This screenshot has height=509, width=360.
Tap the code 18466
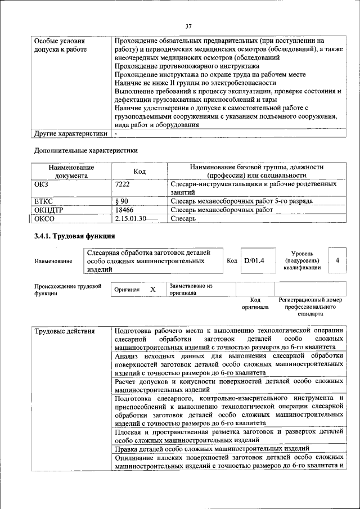point(124,210)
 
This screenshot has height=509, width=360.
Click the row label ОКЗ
point(42,184)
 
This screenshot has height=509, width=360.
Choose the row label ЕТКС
point(44,201)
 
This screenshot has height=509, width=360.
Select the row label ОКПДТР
point(49,210)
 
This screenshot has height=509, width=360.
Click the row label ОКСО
point(44,219)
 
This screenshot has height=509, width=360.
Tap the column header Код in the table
point(139,172)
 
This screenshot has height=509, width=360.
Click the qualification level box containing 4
point(337,260)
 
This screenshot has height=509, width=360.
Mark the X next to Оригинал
point(152,289)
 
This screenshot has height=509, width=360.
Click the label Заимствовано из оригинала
point(191,289)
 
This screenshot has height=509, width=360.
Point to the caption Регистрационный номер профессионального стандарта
point(310,307)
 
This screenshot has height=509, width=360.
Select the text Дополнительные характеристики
point(85,150)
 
